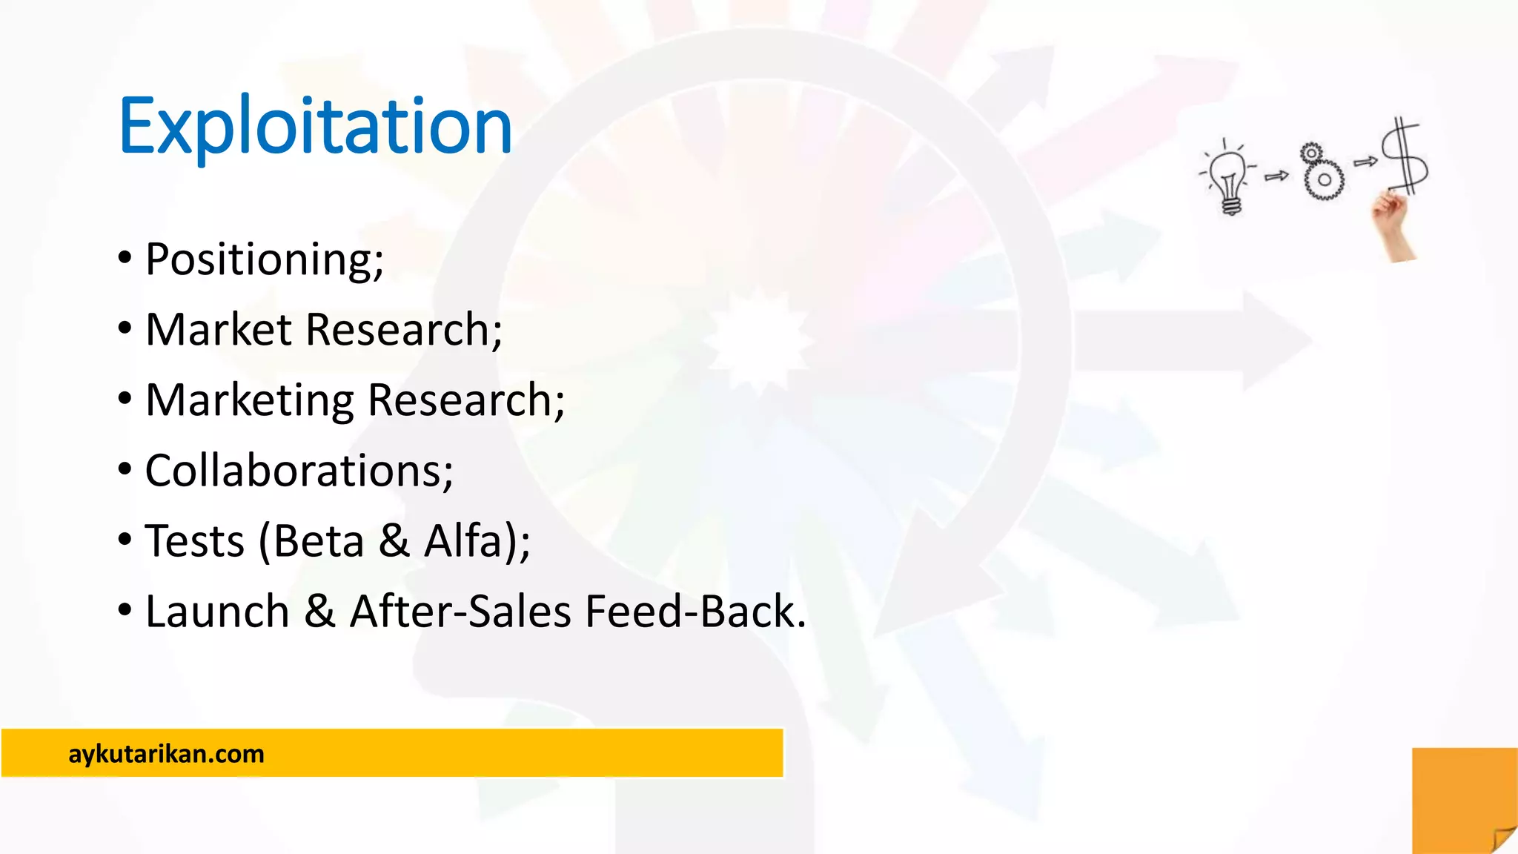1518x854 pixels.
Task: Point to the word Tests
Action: [194, 541]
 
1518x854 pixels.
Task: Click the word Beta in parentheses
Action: [319, 541]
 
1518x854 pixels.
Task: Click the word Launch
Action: [217, 612]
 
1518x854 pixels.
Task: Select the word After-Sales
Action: [460, 612]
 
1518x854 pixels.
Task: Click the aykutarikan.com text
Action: [166, 754]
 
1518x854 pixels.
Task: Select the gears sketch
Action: [1321, 172]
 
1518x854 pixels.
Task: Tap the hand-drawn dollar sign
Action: [1405, 157]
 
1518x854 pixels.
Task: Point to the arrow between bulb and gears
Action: [1276, 176]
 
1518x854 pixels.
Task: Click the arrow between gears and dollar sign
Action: [1365, 161]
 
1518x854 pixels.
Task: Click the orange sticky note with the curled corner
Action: [1464, 801]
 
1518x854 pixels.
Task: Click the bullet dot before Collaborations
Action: [125, 469]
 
